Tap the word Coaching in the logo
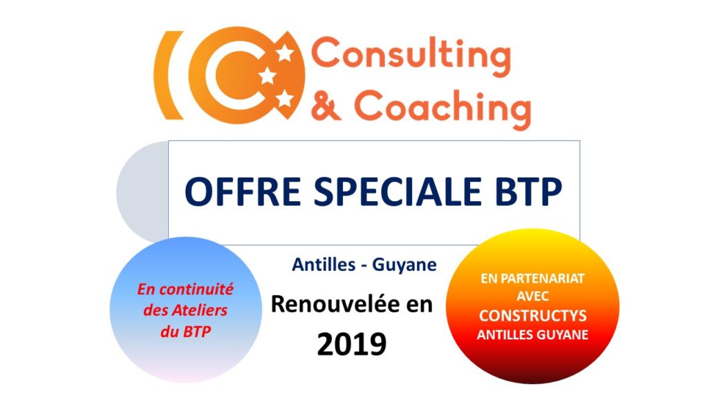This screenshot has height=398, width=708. (x=442, y=108)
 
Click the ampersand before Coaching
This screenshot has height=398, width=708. (x=326, y=105)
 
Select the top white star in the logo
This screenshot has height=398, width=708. (x=284, y=53)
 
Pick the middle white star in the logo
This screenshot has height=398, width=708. (x=268, y=75)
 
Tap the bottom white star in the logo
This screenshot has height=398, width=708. (x=284, y=98)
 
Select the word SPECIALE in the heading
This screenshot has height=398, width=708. (x=398, y=191)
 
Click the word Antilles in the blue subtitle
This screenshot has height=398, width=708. (x=324, y=264)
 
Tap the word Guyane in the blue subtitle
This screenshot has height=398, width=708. (x=404, y=265)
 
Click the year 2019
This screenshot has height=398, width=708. (x=352, y=344)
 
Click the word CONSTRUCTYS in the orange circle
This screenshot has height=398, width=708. (x=533, y=315)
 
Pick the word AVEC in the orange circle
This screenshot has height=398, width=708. (x=533, y=296)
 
